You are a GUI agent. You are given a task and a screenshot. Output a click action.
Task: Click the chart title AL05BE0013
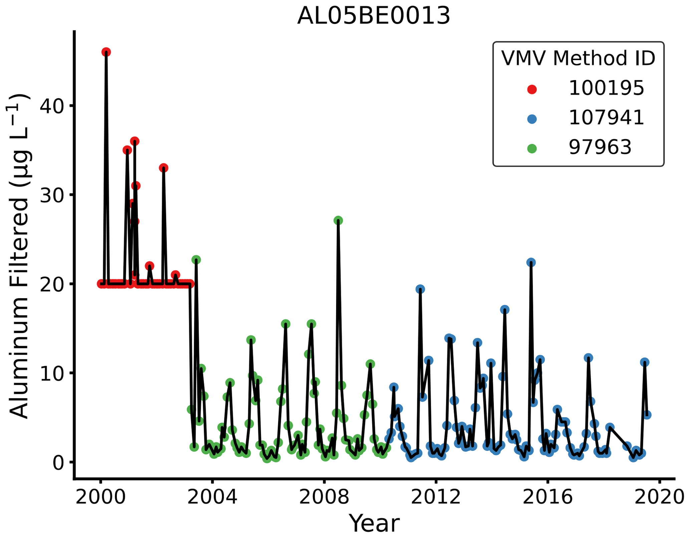point(374,16)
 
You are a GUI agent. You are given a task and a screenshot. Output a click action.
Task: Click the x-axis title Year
point(374,523)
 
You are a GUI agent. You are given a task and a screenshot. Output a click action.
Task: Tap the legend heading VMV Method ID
point(578,58)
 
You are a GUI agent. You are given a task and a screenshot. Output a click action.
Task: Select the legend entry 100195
point(606,88)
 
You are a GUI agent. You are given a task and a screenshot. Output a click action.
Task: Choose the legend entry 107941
point(606,118)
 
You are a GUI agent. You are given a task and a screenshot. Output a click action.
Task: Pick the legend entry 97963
point(600,147)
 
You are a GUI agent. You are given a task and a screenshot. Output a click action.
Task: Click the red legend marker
point(532,89)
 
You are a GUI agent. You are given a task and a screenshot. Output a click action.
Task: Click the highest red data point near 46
point(106,52)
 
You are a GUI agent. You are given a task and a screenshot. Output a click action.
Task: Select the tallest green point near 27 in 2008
point(338,220)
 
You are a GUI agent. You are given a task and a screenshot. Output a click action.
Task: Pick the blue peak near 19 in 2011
point(420,289)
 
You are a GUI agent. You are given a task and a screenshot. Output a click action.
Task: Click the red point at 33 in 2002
point(164,168)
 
